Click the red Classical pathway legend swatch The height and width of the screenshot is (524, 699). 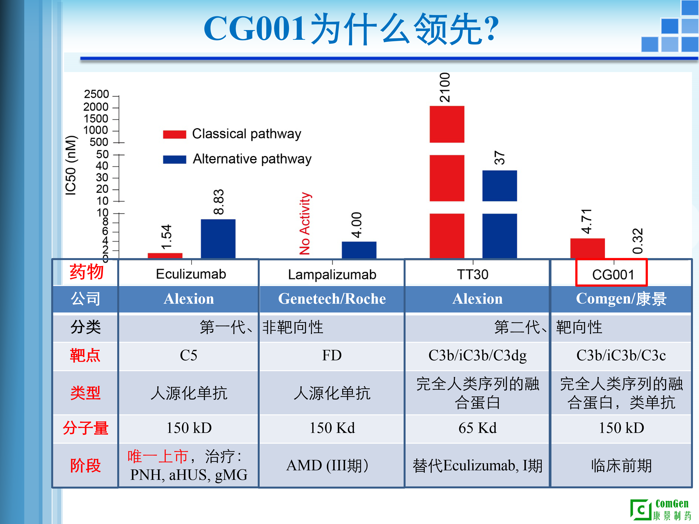(x=175, y=134)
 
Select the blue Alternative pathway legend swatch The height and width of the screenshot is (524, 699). (x=175, y=160)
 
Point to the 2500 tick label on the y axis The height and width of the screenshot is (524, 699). (x=96, y=94)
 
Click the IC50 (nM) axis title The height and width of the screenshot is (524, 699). (x=71, y=165)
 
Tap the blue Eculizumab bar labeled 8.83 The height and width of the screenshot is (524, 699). (x=218, y=238)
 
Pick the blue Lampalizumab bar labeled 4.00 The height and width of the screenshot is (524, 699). (x=359, y=250)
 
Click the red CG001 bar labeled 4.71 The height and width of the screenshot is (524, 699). (x=587, y=248)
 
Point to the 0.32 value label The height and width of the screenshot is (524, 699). (x=637, y=241)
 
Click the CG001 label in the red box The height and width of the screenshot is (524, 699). (x=613, y=274)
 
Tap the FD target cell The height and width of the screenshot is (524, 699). (x=332, y=355)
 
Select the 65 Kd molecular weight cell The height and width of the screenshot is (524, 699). (x=477, y=428)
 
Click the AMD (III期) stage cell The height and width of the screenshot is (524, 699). (x=327, y=466)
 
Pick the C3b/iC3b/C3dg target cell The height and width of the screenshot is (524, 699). (x=477, y=355)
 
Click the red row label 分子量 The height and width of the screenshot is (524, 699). (x=85, y=428)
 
